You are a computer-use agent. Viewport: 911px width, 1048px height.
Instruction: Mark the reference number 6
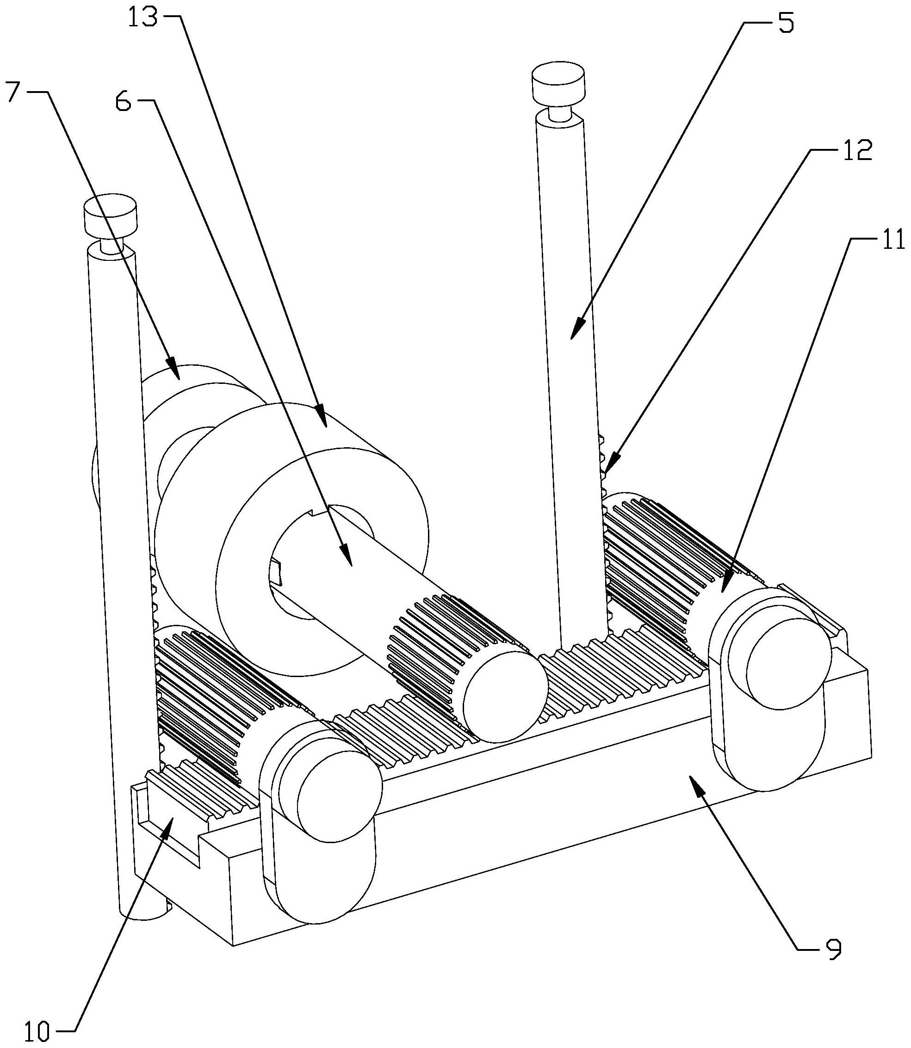[123, 103]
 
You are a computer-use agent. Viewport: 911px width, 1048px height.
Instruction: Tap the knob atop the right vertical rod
[558, 81]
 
